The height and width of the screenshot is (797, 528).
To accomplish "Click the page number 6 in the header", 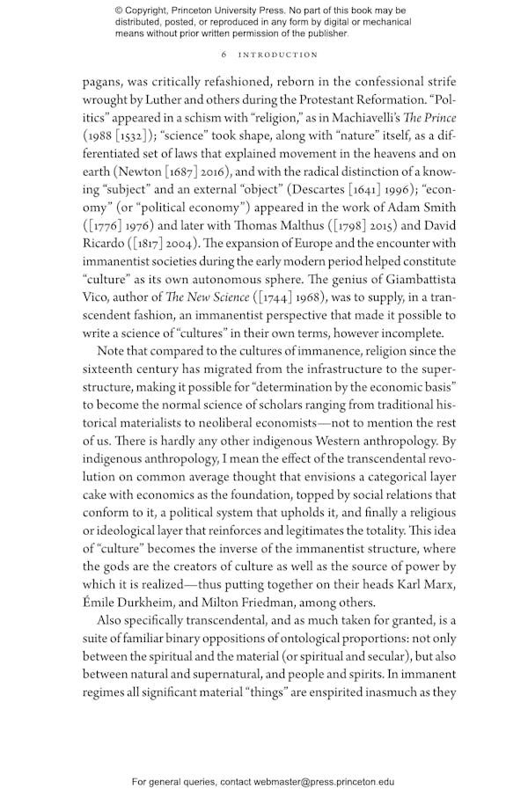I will point(225,55).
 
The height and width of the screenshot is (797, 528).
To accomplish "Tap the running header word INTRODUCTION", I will point(276,55).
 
